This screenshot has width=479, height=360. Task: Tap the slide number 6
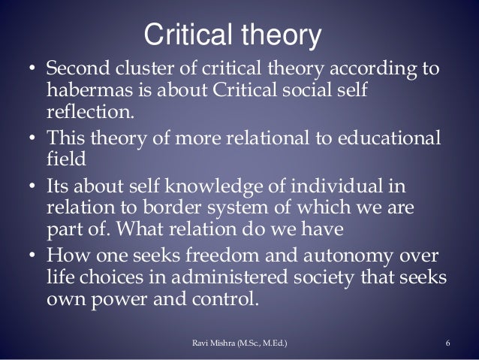click(x=447, y=344)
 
